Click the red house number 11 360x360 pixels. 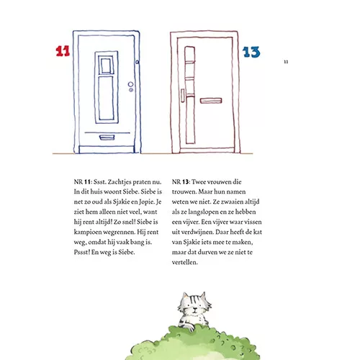click(x=63, y=51)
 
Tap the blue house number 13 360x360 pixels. click(x=251, y=52)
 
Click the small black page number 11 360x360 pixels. click(x=286, y=62)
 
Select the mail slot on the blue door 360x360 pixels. click(x=107, y=138)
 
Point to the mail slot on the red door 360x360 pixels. click(x=211, y=100)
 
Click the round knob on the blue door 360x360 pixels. click(x=130, y=84)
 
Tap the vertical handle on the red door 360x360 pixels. click(x=183, y=95)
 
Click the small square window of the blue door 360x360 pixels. click(x=106, y=65)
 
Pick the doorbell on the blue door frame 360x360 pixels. click(x=137, y=62)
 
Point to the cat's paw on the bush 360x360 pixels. click(x=189, y=327)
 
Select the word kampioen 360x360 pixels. click(x=89, y=233)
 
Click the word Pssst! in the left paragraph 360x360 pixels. click(x=82, y=252)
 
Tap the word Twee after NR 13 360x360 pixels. click(x=199, y=182)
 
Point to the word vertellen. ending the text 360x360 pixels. click(x=185, y=262)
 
